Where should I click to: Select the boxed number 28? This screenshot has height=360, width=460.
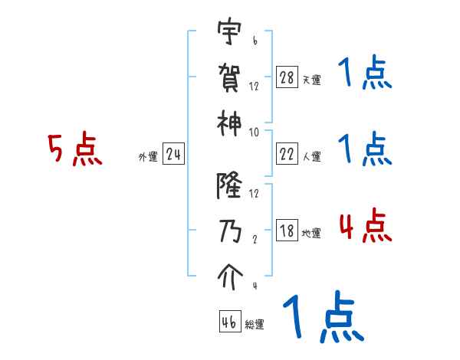point(286,77)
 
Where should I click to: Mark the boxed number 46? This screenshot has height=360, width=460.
point(229,322)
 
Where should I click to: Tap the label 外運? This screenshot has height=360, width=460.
point(148,157)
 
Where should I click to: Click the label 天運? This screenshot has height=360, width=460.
point(311,80)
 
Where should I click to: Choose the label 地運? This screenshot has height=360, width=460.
point(311,234)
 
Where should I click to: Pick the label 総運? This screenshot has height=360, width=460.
point(255,324)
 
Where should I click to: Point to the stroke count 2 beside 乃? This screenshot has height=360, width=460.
point(254,237)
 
